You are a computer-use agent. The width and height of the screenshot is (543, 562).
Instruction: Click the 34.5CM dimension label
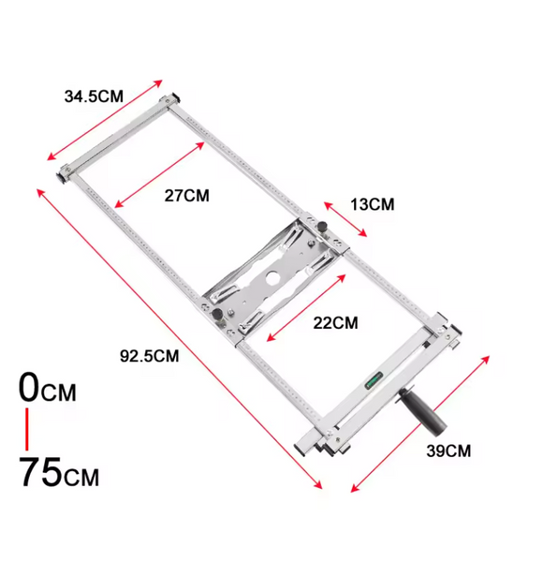(94, 96)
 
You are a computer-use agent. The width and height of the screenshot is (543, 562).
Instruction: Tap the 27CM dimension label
(187, 196)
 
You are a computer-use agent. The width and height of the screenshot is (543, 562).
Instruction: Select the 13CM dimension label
(373, 204)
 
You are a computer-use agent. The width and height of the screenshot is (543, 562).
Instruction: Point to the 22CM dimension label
(335, 323)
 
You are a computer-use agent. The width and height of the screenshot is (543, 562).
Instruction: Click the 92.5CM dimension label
(150, 356)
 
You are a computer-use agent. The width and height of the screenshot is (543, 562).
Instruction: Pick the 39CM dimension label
(448, 451)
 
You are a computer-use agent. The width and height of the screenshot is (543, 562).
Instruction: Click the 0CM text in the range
(48, 388)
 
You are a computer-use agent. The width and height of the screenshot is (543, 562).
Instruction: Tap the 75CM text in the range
(59, 472)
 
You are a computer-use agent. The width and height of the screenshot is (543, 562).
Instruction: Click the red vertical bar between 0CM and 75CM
(27, 429)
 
